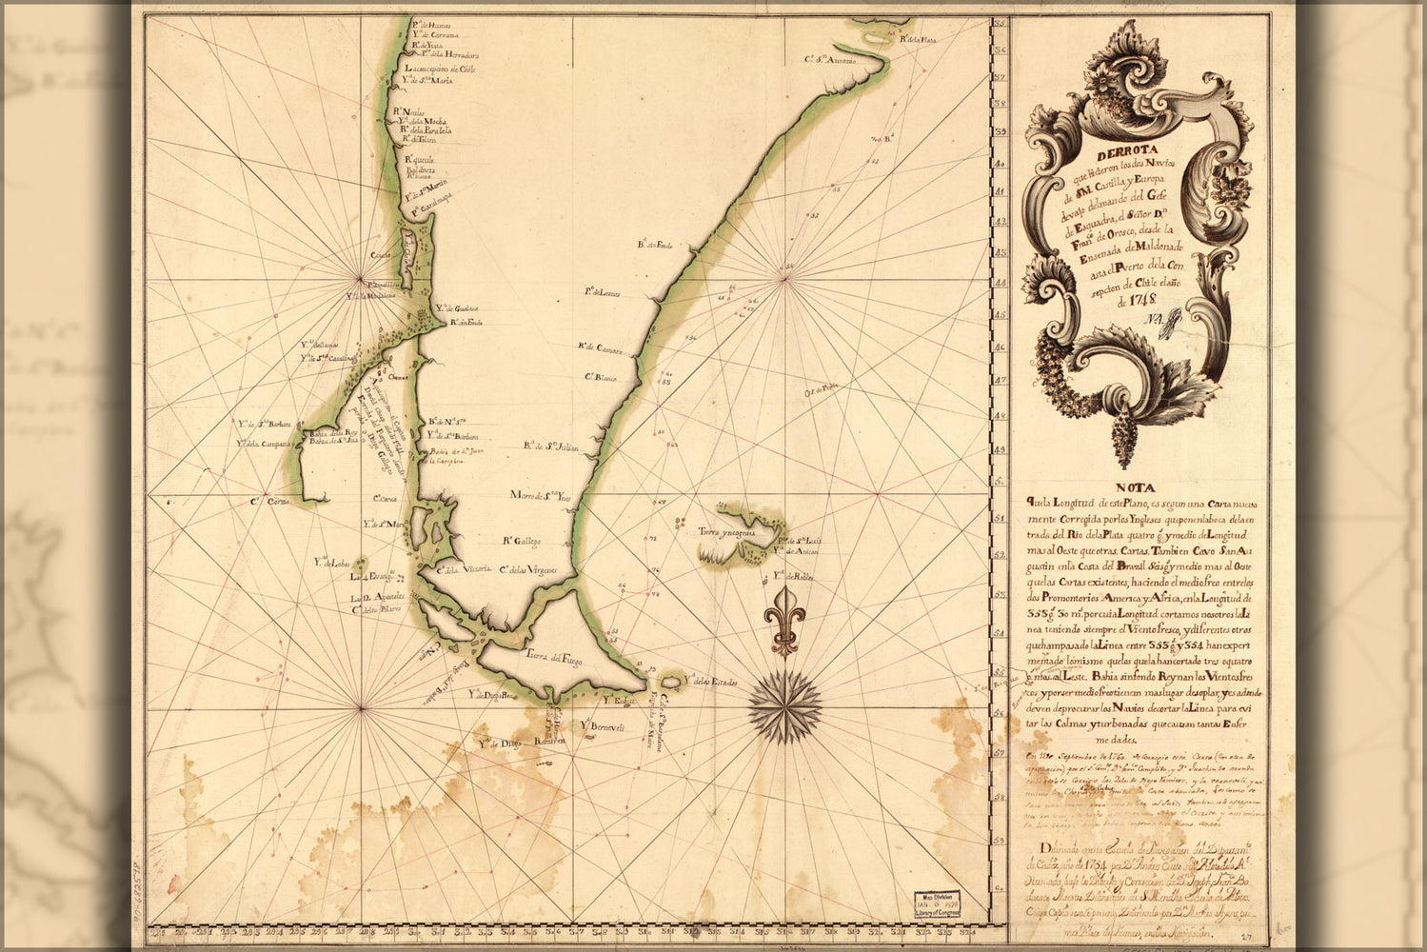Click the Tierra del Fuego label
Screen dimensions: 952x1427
point(553,656)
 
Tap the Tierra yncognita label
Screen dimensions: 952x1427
point(726,533)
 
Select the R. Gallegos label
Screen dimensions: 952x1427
point(522,541)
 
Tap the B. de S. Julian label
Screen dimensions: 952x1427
point(550,446)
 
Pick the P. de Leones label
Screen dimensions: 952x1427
point(602,292)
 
